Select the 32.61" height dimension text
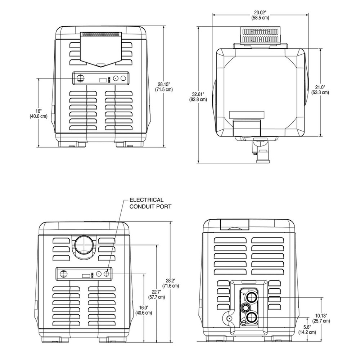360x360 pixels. click(x=198, y=96)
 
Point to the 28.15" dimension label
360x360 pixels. click(x=164, y=87)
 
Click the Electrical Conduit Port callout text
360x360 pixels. click(x=150, y=203)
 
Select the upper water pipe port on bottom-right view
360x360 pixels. click(x=251, y=297)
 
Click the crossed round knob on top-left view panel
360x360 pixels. click(x=80, y=78)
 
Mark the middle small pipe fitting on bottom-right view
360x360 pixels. click(x=245, y=307)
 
